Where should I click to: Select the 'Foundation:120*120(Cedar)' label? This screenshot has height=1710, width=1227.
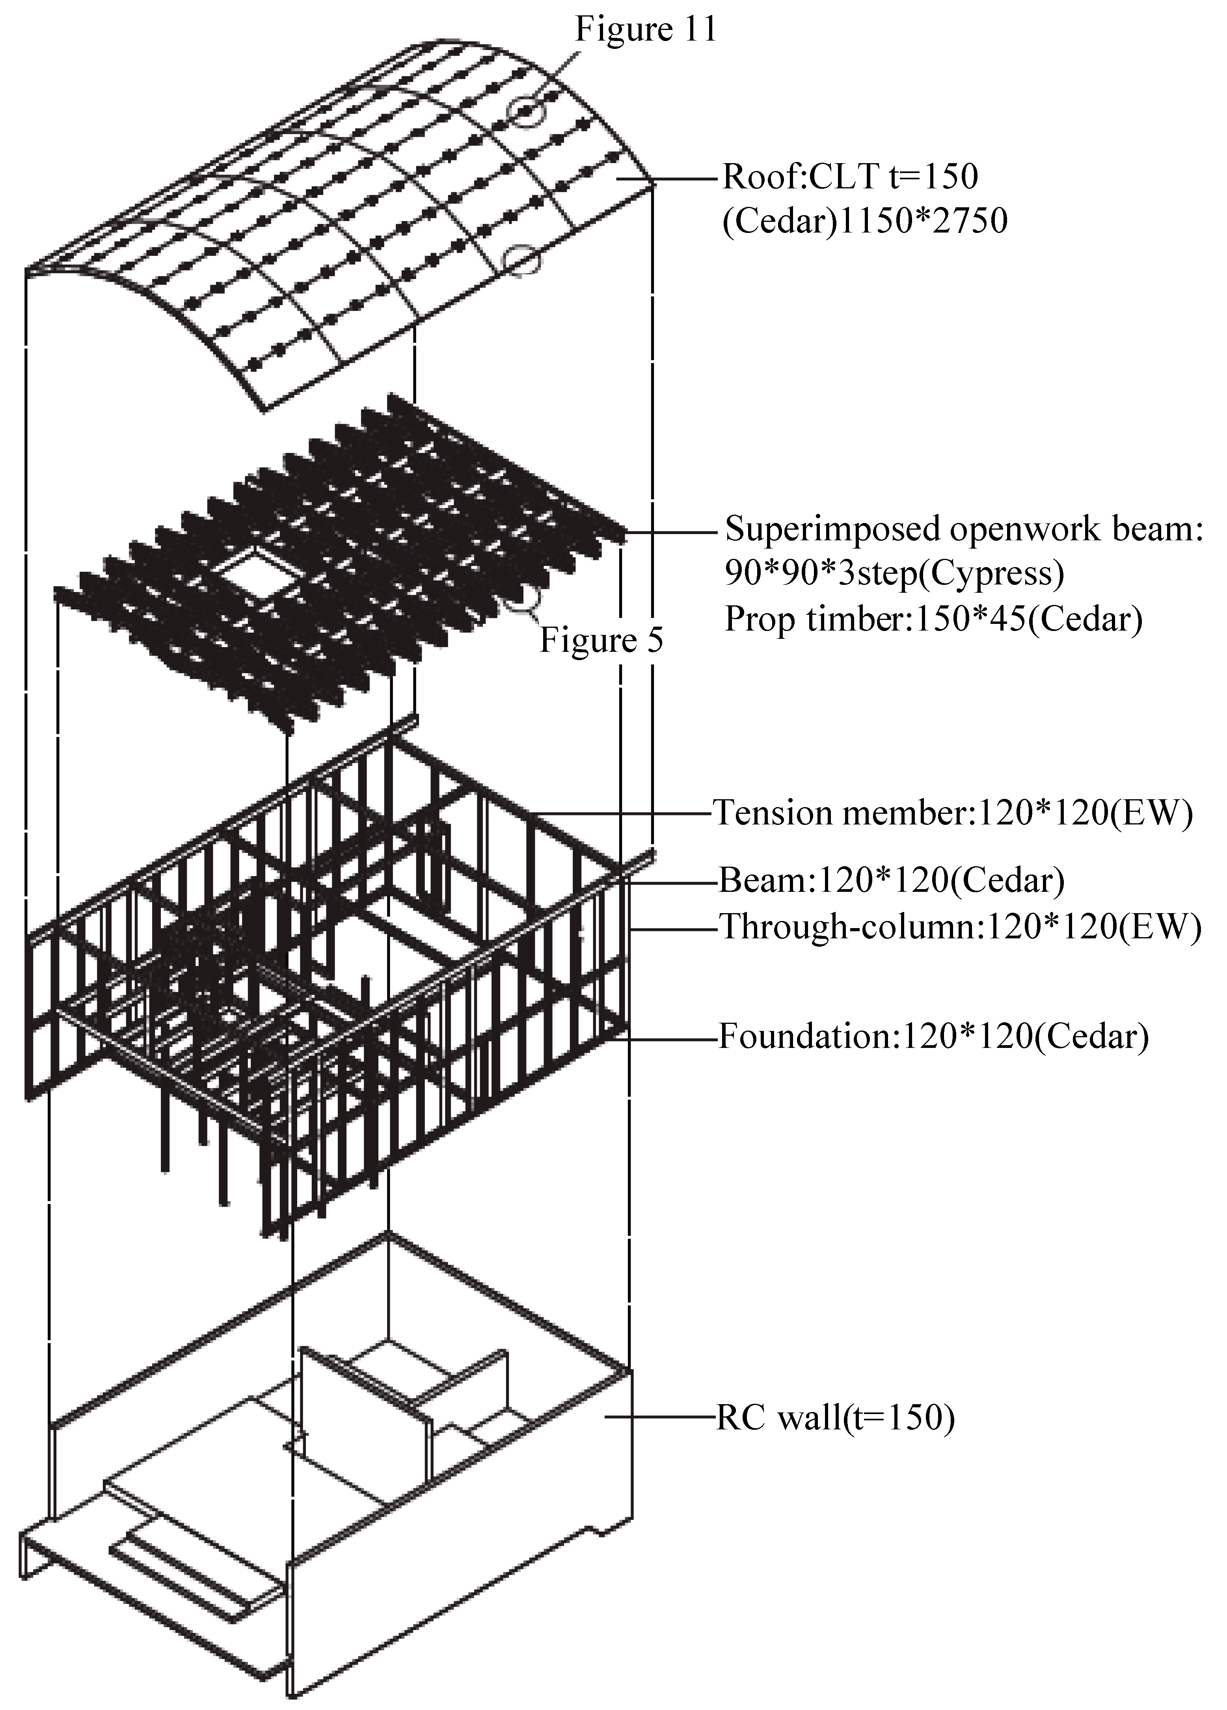pyautogui.click(x=933, y=1037)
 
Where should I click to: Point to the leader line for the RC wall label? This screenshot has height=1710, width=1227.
pyautogui.click(x=660, y=1418)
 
